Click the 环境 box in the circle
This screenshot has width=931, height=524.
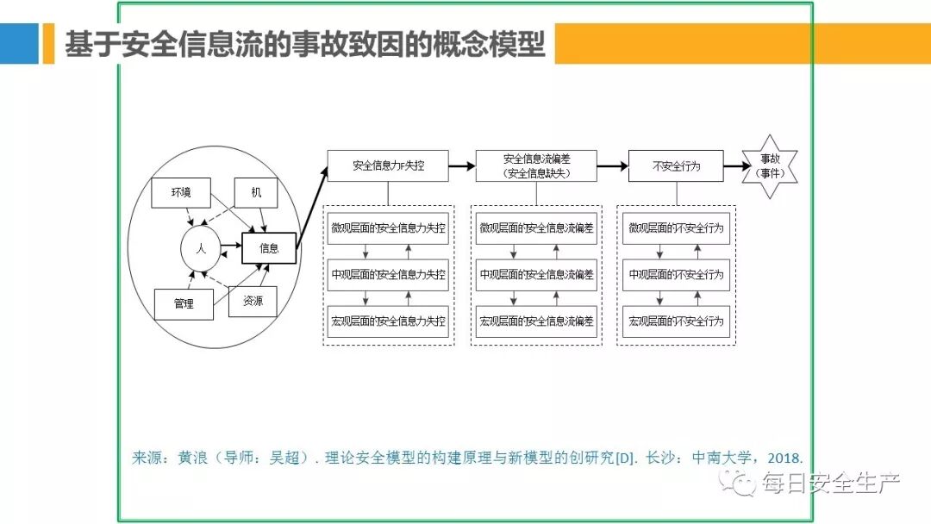point(180,193)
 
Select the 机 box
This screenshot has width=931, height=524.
point(256,192)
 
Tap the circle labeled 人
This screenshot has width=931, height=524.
point(200,248)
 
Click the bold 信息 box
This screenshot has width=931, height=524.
point(269,248)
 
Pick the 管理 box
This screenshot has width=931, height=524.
point(183,303)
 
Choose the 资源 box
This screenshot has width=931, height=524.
point(253,301)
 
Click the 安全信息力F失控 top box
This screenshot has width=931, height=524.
point(388,165)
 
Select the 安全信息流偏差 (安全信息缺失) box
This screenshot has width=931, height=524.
point(536,165)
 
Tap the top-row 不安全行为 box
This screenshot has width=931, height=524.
point(676,165)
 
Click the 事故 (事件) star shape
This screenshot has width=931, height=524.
point(769,166)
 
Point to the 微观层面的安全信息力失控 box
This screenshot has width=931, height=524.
point(388,228)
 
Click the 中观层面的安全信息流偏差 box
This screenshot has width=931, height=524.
point(536,274)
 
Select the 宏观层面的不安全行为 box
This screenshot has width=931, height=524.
point(676,321)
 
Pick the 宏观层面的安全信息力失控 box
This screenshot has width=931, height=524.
point(388,321)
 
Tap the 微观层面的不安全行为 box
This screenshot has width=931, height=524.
point(676,228)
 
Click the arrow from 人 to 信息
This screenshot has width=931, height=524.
point(228,248)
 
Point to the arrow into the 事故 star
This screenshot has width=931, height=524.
point(733,166)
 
